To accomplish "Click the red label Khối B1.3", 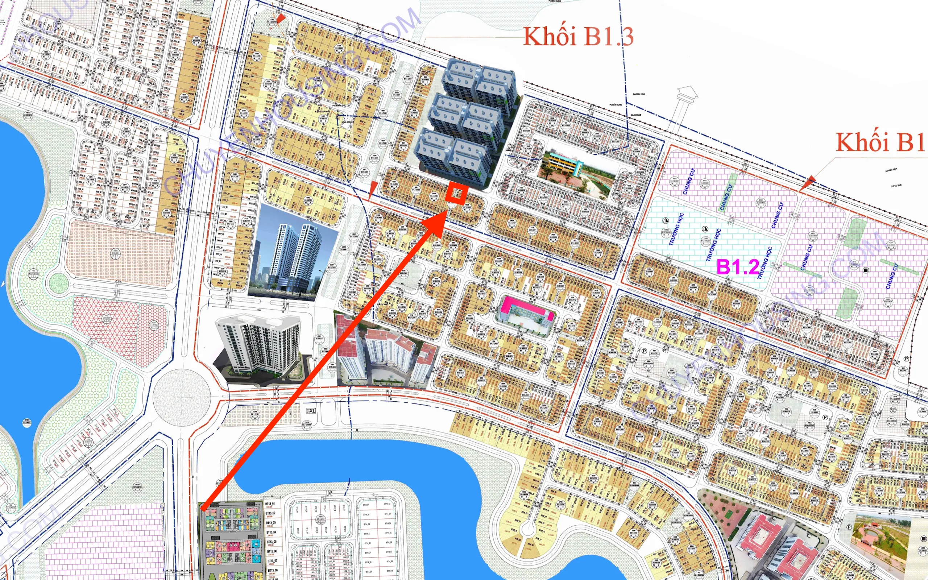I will pos(578,37).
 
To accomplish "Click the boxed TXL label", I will pos(311,411).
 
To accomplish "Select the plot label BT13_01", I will pos(270,504).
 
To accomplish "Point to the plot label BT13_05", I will pos(272,542).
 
